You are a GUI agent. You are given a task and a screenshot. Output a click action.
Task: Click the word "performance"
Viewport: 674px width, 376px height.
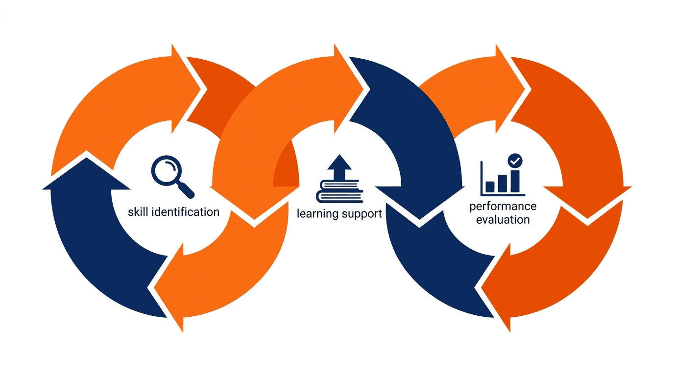pos(503,206)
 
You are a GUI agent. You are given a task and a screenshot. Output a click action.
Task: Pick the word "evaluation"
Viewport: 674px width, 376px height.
pos(503,220)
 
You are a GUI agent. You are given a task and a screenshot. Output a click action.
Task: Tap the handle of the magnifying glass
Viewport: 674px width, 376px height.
pos(186,188)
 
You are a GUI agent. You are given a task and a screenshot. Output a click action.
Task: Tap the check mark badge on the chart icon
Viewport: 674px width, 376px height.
pos(515,160)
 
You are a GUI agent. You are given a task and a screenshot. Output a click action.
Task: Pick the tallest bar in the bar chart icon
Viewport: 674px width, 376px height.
pos(514,181)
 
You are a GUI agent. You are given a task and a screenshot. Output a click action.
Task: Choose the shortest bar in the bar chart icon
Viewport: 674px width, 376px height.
pos(490,187)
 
